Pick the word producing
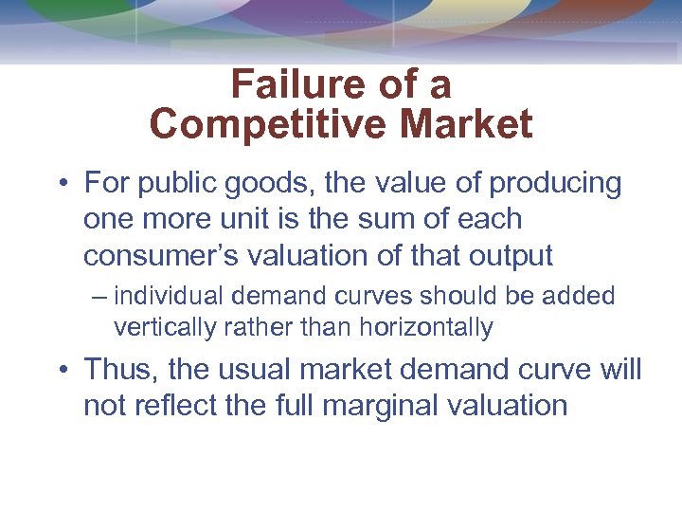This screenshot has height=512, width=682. (556, 182)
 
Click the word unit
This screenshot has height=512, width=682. (248, 219)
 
